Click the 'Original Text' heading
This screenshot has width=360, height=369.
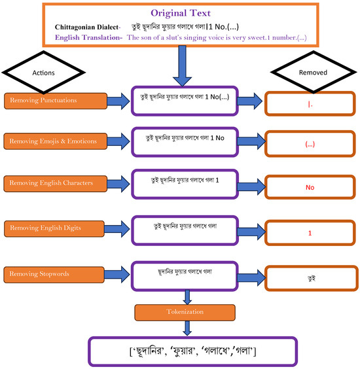[x=179, y=13]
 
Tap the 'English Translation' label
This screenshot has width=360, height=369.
[x=90, y=38]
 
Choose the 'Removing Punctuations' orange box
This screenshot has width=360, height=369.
[x=54, y=101]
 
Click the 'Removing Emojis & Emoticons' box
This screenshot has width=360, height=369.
[x=54, y=141]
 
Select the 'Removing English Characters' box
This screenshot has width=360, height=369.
[x=54, y=183]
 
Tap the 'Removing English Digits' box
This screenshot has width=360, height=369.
[x=54, y=228]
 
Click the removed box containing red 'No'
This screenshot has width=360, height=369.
[x=310, y=187]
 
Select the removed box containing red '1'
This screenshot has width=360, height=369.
[x=310, y=232]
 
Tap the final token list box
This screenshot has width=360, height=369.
[x=192, y=351]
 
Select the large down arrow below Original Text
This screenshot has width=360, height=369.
[x=179, y=66]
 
